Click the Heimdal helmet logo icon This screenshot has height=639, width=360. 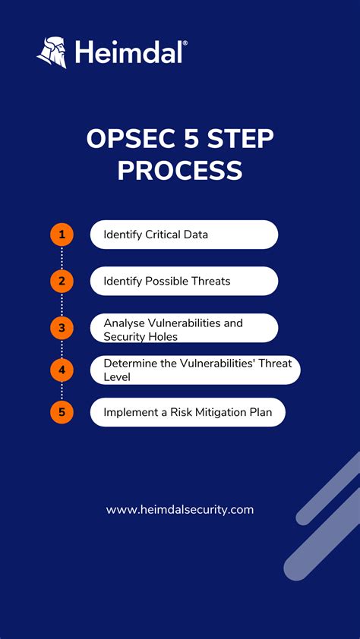click(51, 52)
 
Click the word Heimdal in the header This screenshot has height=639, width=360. click(129, 53)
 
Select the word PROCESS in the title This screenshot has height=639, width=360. click(180, 170)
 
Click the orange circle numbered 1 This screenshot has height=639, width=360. click(62, 235)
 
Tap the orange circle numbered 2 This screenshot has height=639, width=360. click(62, 282)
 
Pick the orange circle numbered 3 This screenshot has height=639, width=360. click(62, 328)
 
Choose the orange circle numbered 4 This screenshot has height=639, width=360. click(62, 370)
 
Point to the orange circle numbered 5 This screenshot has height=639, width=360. click(62, 413)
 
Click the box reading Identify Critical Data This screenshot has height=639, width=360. click(184, 235)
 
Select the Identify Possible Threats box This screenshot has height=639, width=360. click(184, 282)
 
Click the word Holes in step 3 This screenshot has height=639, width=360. click(165, 335)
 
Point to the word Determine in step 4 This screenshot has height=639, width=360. click(131, 363)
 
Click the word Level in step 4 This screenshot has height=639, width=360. click(118, 376)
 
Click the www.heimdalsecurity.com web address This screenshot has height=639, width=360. click(180, 510)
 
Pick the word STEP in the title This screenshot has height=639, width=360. click(239, 140)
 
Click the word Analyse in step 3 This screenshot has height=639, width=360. click(125, 323)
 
